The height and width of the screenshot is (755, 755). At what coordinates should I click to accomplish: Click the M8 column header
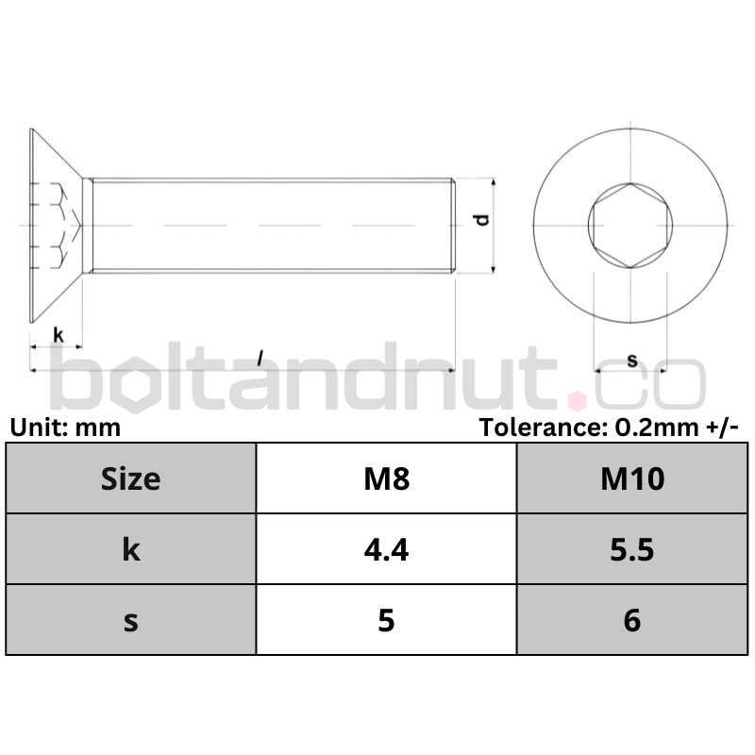pos(387,479)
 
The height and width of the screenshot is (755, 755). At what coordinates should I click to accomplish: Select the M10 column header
pos(632,479)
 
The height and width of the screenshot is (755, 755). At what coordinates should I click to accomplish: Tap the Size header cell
pos(130,479)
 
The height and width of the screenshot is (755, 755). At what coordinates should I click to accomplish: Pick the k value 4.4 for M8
pos(386,550)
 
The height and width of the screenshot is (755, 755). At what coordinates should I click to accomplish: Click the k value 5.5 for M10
pos(631,550)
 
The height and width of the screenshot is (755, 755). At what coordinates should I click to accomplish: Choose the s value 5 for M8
pos(386,620)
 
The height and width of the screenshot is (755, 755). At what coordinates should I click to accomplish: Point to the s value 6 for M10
pos(631,620)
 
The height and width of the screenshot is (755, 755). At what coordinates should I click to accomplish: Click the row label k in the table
pos(131,549)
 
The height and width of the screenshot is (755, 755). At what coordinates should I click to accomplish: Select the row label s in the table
pos(131,622)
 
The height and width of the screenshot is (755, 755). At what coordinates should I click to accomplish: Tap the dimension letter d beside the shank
pos(482,220)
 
